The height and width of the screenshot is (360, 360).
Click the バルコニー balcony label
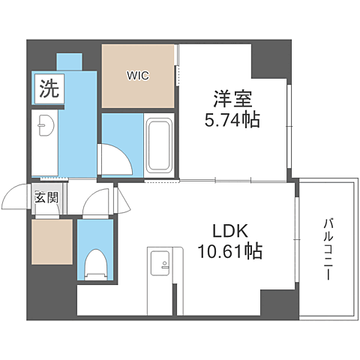[x=328, y=250]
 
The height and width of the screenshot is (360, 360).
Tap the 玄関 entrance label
[x=46, y=199]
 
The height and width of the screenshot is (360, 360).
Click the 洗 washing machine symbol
[x=48, y=90]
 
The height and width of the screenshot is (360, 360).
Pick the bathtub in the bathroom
[x=158, y=145]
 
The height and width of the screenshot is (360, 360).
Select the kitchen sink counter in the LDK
[x=162, y=279]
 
